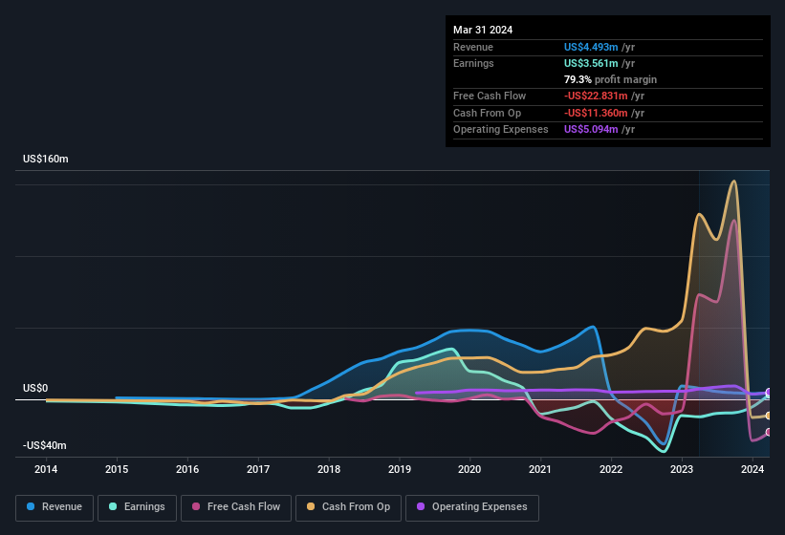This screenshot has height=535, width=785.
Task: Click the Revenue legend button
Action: coord(55,507)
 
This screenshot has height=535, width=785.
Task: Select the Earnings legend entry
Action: coord(137,507)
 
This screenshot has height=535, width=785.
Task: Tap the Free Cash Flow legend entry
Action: coord(236,507)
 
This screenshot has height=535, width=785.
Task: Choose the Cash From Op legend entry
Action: coord(348,507)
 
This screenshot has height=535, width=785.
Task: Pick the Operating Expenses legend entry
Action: coord(471,507)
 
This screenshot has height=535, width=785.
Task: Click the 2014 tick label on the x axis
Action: coord(46,469)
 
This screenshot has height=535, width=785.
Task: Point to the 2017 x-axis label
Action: coord(258,469)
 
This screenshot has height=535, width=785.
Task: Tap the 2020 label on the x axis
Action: coord(469,469)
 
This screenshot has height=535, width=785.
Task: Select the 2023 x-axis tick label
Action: coord(682,469)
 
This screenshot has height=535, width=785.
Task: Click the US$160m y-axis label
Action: coord(46,159)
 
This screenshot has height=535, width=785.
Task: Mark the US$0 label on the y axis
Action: coord(35,389)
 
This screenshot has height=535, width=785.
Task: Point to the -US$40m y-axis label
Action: coord(46,446)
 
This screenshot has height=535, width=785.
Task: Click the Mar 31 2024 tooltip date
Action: coord(483,30)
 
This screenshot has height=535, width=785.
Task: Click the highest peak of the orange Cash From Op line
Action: coord(733,182)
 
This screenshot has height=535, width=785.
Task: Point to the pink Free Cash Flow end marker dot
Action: coord(768,432)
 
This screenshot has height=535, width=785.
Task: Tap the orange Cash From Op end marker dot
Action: coord(768,416)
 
